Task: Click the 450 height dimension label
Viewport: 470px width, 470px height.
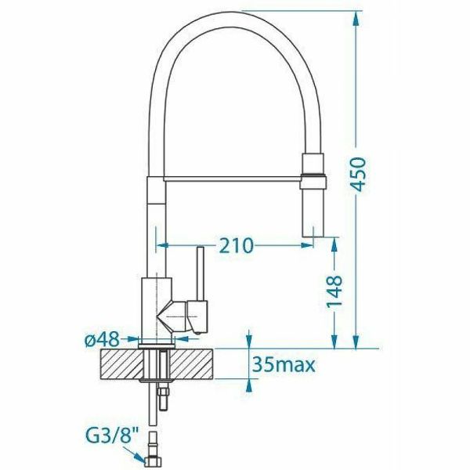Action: click(359, 174)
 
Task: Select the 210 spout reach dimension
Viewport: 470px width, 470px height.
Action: click(237, 245)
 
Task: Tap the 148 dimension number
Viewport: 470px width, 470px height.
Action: click(334, 291)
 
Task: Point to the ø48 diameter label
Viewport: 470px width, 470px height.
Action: click(102, 340)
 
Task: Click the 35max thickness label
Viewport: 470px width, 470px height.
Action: click(284, 365)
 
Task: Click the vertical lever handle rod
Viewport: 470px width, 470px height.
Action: click(201, 273)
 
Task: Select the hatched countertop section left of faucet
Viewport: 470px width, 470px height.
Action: click(121, 364)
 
